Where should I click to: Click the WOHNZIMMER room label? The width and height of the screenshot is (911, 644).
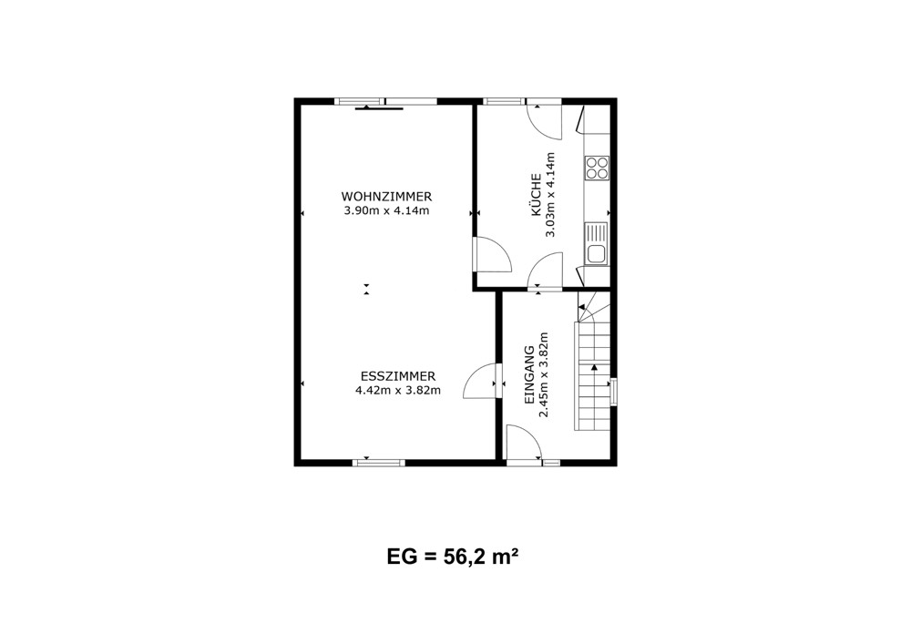tap(386, 196)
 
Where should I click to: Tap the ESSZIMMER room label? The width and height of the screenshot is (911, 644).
tap(398, 375)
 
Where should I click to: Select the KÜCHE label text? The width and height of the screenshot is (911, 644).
tap(537, 195)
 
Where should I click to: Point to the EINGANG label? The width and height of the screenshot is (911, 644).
tap(528, 375)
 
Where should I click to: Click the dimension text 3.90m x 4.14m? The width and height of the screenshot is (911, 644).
tap(386, 210)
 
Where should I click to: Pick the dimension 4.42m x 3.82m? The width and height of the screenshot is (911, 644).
tap(398, 390)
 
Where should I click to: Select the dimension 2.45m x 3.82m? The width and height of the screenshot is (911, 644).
tap(544, 375)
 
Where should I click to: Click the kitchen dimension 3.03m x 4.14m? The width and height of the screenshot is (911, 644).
tap(550, 195)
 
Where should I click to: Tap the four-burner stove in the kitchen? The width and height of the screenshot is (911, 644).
tap(597, 168)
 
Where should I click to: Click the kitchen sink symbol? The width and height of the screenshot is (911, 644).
tap(596, 244)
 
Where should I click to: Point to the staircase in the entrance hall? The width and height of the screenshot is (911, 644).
tap(593, 362)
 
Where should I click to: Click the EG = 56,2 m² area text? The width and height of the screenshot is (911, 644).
tap(453, 557)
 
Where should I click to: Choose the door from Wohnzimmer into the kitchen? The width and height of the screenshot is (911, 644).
tap(493, 254)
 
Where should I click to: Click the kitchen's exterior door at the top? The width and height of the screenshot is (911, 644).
tap(545, 121)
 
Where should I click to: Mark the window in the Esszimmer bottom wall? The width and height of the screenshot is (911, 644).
tap(379, 462)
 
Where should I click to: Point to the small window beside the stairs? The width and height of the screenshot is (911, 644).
tap(613, 391)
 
